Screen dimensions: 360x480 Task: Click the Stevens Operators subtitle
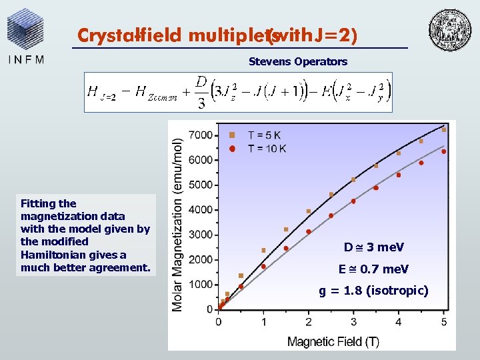point(298,61)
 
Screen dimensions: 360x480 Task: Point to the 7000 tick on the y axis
point(201,135)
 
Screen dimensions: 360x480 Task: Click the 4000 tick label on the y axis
point(201,209)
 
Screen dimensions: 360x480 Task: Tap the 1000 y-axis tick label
point(201,284)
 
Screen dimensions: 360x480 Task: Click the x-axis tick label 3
point(354,322)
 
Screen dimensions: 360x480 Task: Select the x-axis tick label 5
point(444,322)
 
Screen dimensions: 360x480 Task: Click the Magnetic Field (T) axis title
point(333,341)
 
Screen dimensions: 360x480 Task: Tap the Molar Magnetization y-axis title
point(177,225)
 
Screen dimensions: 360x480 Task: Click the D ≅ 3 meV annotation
point(374,247)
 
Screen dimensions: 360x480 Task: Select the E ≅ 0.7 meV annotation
point(374,269)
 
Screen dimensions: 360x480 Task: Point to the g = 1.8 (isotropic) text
point(374,291)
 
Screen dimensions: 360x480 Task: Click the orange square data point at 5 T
point(444,130)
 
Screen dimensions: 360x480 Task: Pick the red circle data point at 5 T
point(444,151)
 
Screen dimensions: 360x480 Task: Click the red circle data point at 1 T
point(264,266)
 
